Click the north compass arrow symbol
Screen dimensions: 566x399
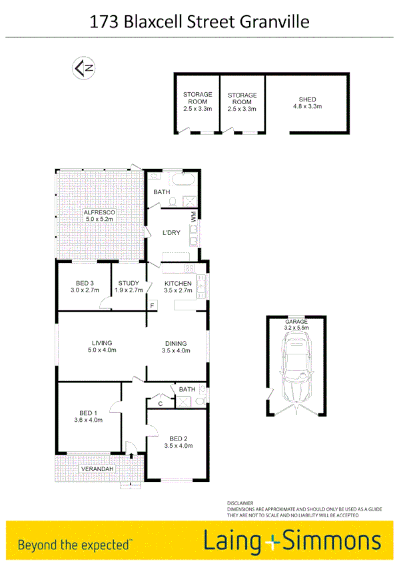83,67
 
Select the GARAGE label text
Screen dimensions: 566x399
296,321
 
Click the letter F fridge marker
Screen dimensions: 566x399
152,306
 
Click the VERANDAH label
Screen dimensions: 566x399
97,469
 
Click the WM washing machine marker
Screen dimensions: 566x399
194,216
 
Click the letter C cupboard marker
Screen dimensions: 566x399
161,403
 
